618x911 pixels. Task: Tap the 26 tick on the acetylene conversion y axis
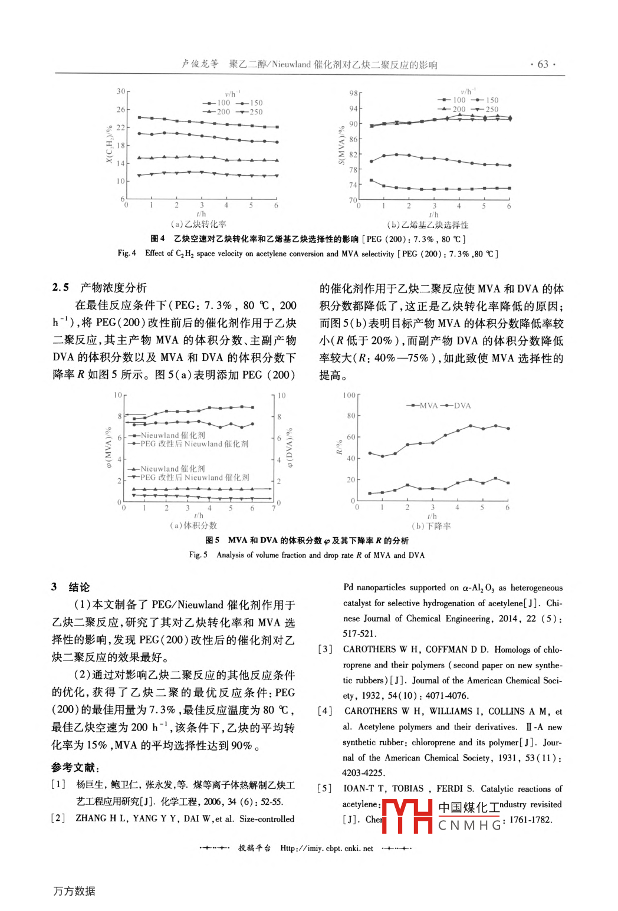[x=121, y=110]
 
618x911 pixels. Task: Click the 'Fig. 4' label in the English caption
[x=127, y=254]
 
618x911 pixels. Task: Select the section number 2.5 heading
[x=61, y=288]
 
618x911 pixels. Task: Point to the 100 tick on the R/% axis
[x=349, y=395]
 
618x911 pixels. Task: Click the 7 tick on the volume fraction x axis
[x=274, y=508]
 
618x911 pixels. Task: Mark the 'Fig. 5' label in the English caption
[x=198, y=555]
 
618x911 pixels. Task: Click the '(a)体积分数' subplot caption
[x=193, y=525]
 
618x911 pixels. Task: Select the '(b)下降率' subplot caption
[x=431, y=526]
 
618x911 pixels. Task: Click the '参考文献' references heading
[x=74, y=768]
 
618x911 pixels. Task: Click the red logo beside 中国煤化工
[x=407, y=816]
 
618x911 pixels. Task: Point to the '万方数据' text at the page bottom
[x=74, y=891]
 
